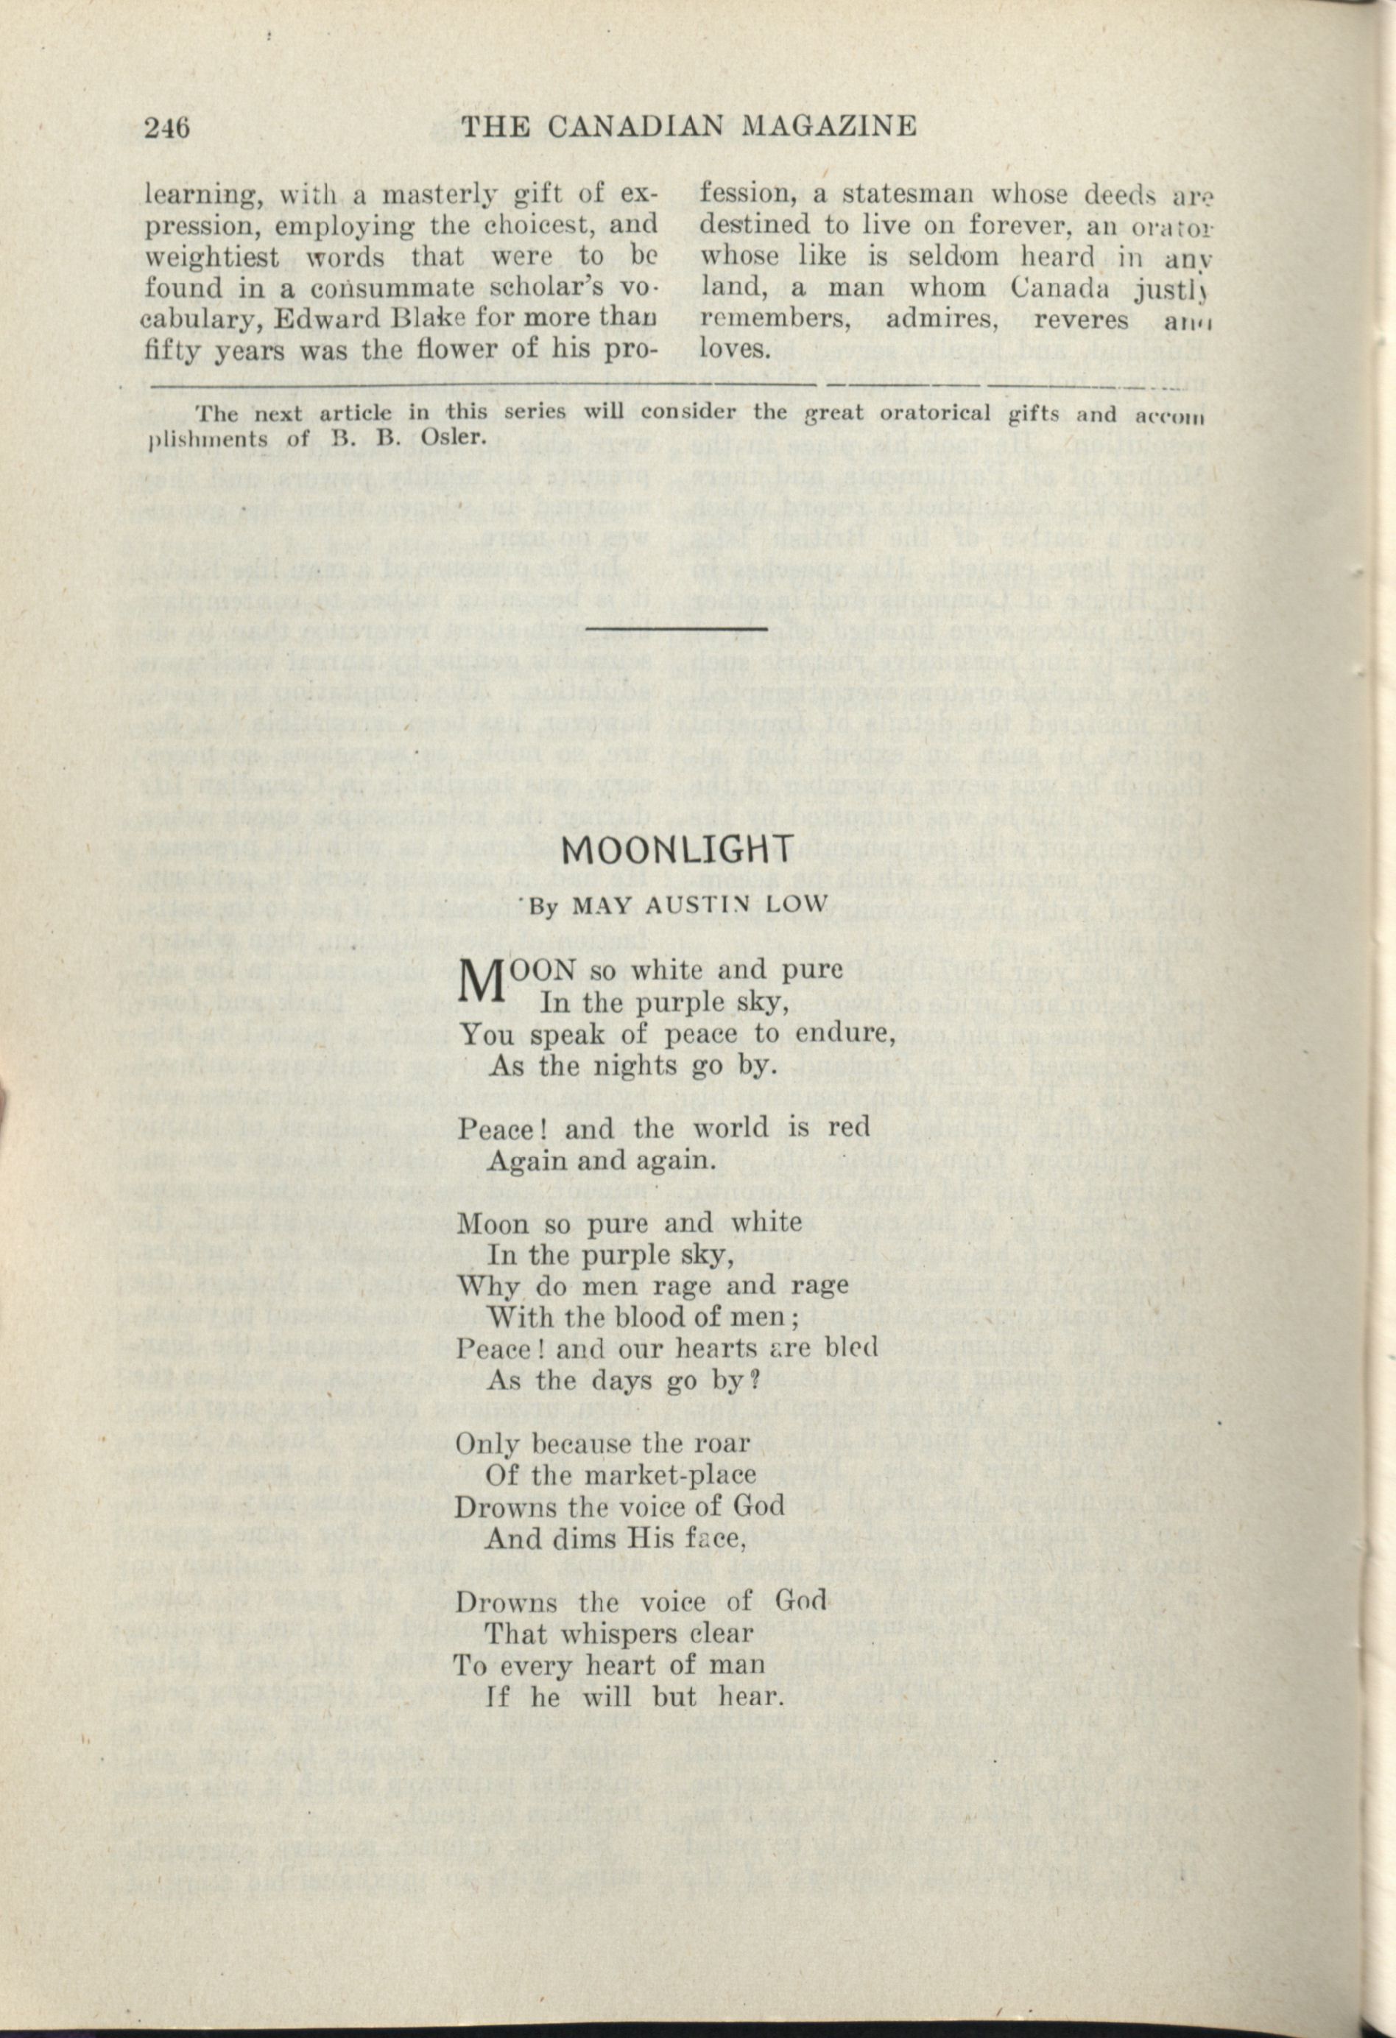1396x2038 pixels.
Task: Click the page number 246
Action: point(166,128)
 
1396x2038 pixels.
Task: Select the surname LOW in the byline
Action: point(800,907)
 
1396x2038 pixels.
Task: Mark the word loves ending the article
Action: point(735,350)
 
